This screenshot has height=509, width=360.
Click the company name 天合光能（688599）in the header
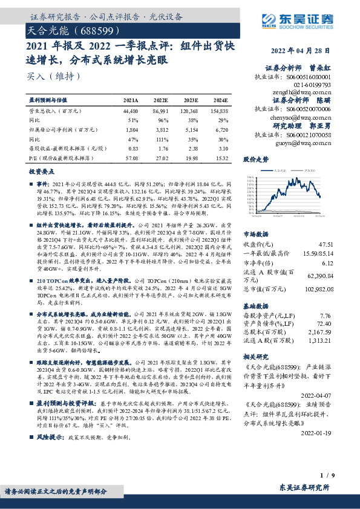(68, 30)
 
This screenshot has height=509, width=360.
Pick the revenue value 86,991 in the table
(161, 112)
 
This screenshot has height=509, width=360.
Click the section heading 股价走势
(255, 160)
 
